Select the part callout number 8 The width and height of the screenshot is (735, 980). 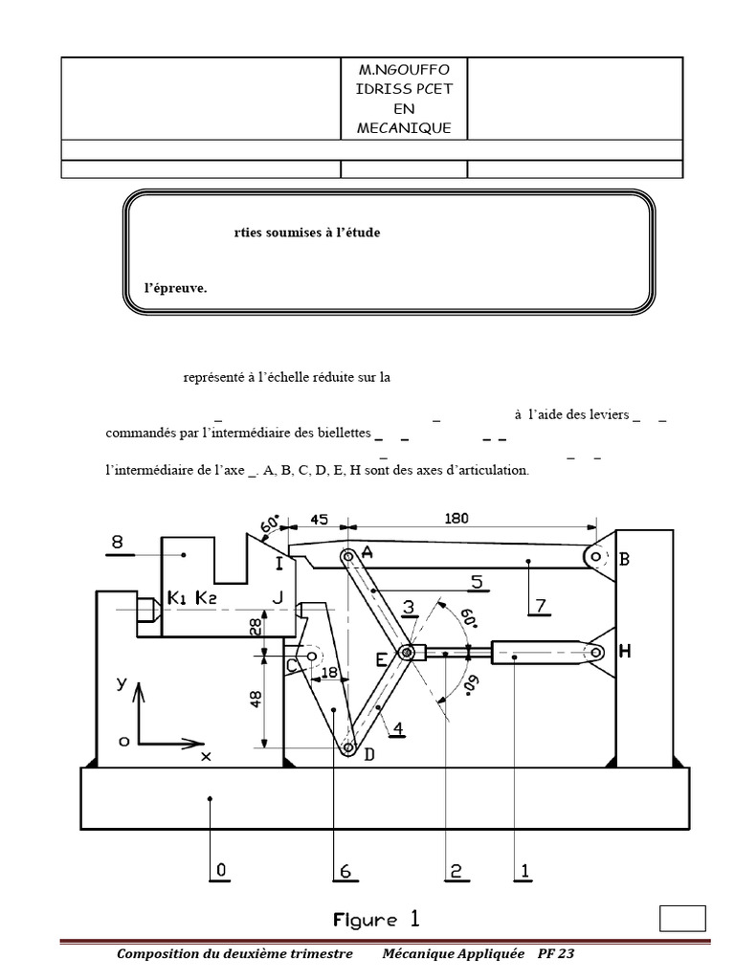coord(118,543)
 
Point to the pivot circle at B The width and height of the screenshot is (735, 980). coord(595,555)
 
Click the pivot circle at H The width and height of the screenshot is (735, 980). coord(595,652)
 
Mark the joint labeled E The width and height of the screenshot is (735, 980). coord(409,653)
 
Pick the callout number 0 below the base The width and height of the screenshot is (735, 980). coord(220,870)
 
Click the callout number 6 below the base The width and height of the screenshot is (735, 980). coord(344,870)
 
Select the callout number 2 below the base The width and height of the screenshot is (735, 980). coord(456,870)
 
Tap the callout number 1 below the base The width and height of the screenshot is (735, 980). coord(524,870)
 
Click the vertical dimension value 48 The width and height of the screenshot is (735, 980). coord(255,701)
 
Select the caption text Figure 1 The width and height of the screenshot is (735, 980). coord(376,920)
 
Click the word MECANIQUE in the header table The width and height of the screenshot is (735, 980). coord(404,127)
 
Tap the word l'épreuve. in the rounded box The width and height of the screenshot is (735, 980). coord(169,286)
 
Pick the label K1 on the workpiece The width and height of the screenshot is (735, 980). coord(178,598)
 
